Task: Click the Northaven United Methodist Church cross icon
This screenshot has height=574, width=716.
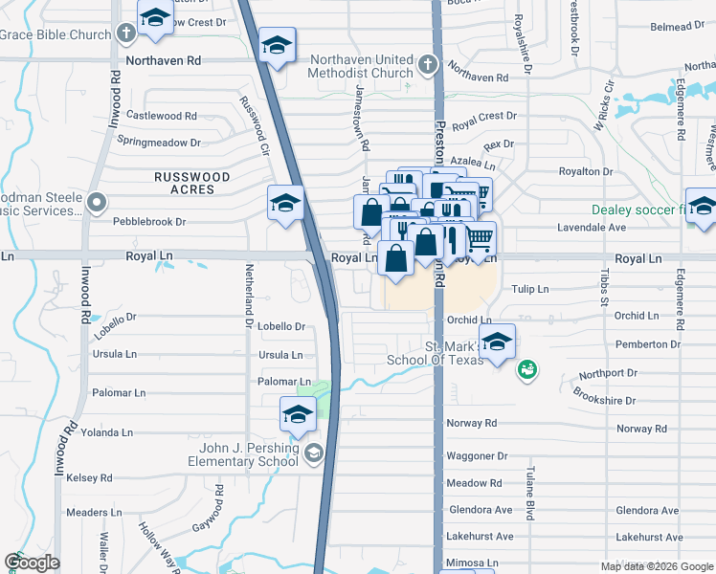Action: point(427,66)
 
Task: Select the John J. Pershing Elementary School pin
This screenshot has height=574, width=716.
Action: point(314,454)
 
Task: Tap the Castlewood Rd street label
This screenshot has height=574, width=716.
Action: point(162,116)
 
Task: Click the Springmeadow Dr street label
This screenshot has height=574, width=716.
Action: point(159,142)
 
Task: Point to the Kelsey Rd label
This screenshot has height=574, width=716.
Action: point(89,477)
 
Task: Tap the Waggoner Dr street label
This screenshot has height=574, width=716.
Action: point(476,457)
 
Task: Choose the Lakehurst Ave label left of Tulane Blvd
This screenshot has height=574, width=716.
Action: point(480,536)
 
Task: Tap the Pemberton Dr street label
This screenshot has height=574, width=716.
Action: point(648,344)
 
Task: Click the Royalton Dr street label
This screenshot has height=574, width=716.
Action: point(585,171)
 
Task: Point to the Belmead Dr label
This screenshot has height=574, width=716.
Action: point(670,27)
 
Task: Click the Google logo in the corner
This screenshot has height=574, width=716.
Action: point(33,563)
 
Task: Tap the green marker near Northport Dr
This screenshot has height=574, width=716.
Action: point(526,369)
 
